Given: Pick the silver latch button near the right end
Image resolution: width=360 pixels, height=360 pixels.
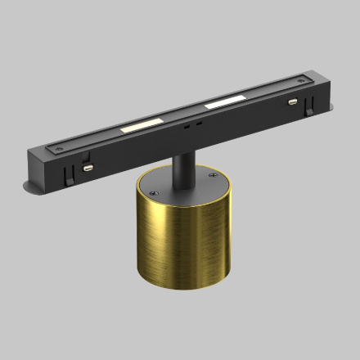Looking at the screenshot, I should pyautogui.click(x=292, y=102).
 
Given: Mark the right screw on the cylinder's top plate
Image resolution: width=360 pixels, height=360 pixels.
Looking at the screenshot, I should pyautogui.click(x=214, y=173).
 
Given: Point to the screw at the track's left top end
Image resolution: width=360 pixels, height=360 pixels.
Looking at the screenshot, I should pyautogui.click(x=58, y=148).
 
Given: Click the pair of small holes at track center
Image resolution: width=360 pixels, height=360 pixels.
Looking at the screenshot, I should pyautogui.click(x=189, y=125).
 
